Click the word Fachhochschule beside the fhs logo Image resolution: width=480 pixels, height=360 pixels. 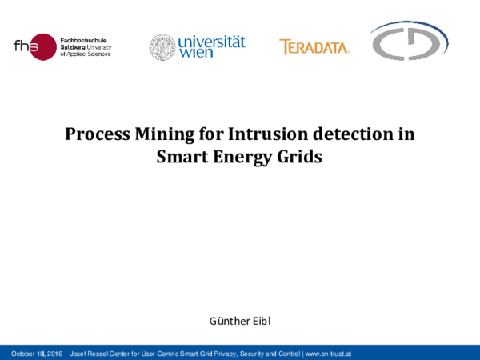(x=84, y=38)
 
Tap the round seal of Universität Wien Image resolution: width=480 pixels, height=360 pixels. (x=162, y=47)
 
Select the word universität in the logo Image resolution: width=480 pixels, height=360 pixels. (x=211, y=41)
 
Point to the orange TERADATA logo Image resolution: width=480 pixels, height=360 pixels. (x=314, y=47)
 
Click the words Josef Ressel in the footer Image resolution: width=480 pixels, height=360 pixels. (x=91, y=353)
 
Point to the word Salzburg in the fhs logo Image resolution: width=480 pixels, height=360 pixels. (x=74, y=47)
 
